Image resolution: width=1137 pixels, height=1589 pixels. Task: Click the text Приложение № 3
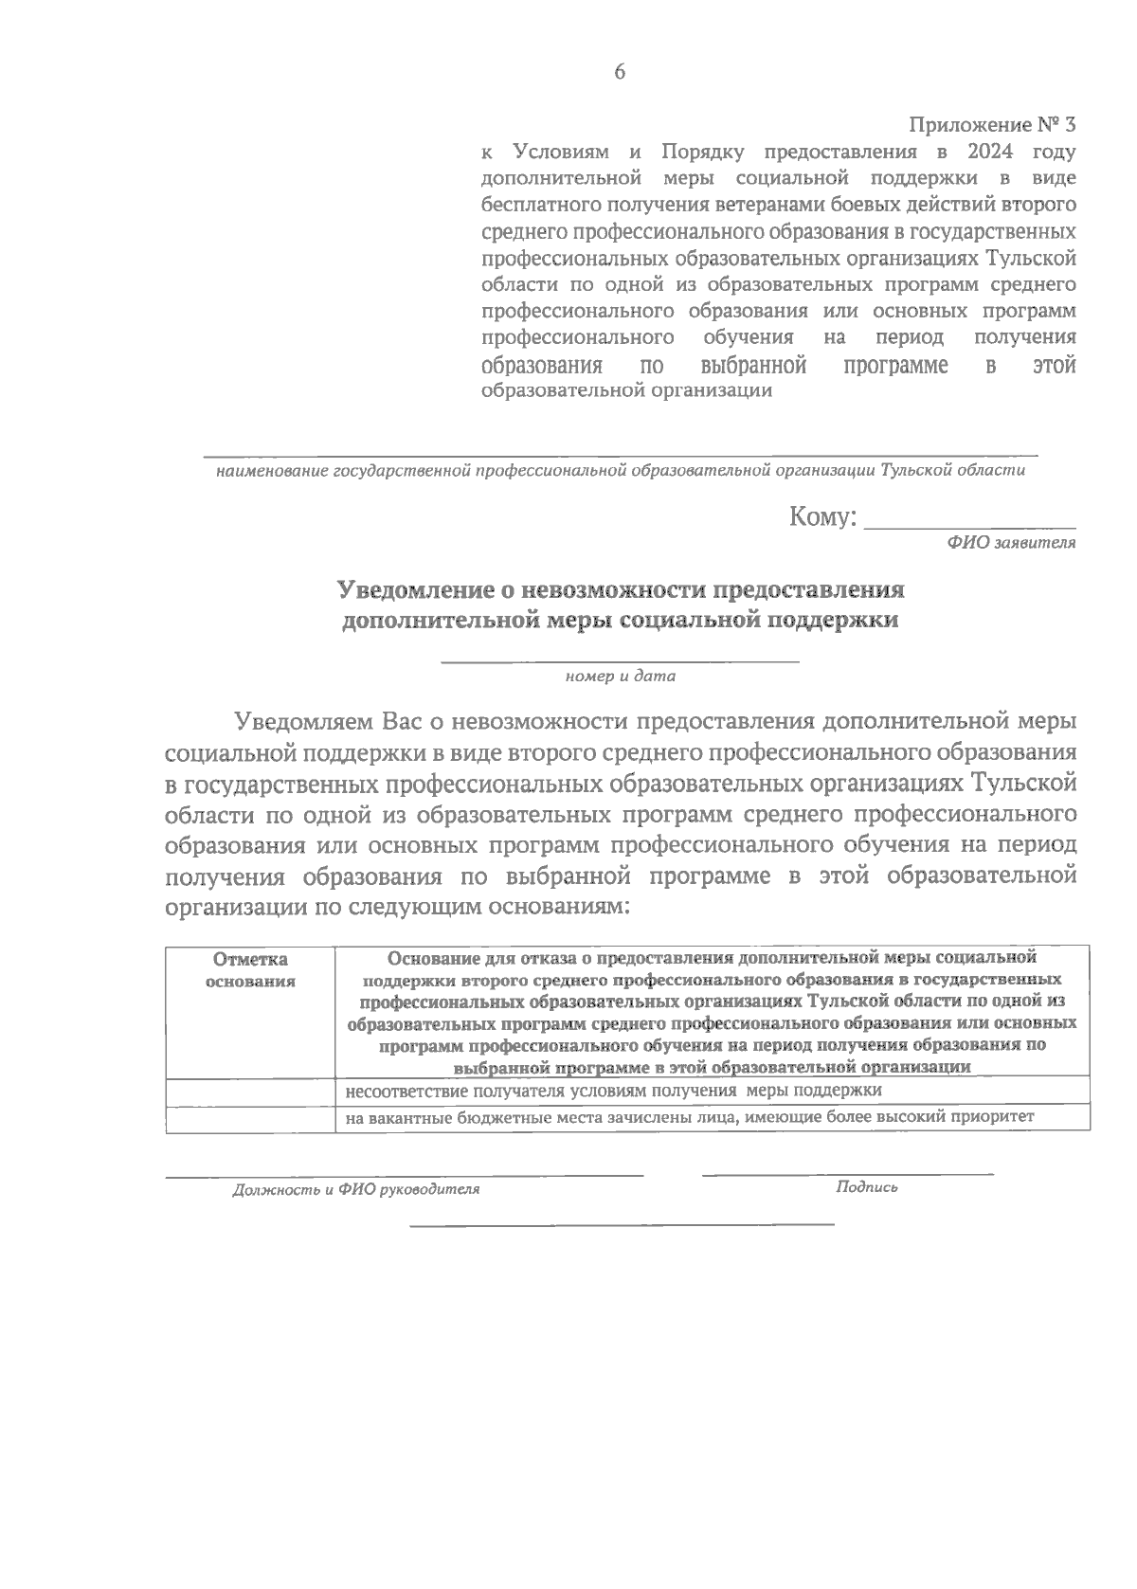point(992,125)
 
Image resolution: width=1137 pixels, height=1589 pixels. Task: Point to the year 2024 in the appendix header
point(995,152)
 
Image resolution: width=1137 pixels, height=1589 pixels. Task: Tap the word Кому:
point(821,517)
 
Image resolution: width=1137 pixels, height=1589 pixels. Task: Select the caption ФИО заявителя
point(1010,543)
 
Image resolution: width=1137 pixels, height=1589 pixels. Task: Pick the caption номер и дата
point(620,677)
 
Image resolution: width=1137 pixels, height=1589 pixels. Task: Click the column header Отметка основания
point(250,969)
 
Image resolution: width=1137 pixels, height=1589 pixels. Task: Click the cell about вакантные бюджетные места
point(689,1117)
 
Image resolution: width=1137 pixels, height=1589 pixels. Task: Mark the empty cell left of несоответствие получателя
point(250,1091)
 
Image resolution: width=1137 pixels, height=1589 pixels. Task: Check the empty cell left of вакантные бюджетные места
point(250,1118)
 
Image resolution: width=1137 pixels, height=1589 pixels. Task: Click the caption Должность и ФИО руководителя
point(356,1189)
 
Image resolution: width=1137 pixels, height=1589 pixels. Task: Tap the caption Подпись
point(866,1187)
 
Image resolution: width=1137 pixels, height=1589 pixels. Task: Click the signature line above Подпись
point(847,1174)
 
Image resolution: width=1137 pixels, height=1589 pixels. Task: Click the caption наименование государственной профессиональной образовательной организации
point(620,470)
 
